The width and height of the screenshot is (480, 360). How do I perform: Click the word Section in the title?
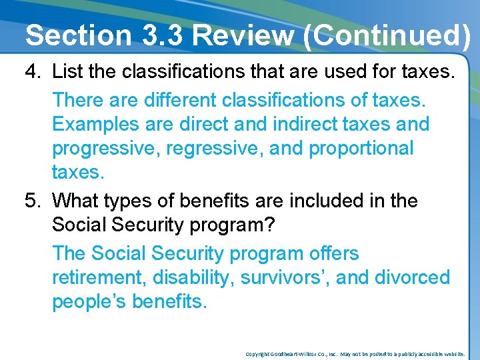tap(79, 35)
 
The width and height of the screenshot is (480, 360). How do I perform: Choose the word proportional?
tap(362, 149)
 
